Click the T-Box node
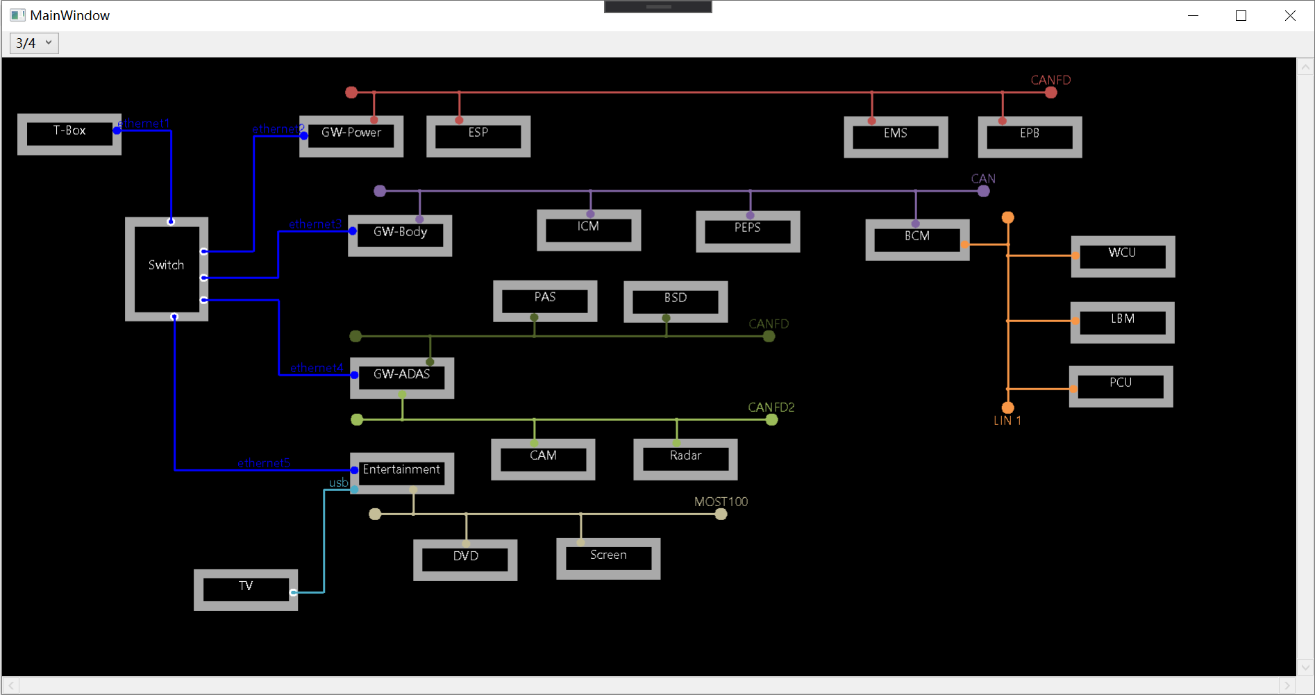[x=69, y=133]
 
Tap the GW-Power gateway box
[x=351, y=135]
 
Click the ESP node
[x=478, y=135]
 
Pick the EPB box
[x=1030, y=136]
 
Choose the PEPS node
[x=748, y=231]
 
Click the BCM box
[x=917, y=239]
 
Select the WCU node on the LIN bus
[x=1123, y=256]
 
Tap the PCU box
[x=1121, y=385]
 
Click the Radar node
[x=685, y=458]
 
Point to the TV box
[x=246, y=589]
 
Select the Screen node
[x=608, y=558]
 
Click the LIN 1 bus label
[x=1007, y=421]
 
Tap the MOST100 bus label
[x=721, y=502]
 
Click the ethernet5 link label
[x=264, y=463]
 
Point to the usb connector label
[x=338, y=483]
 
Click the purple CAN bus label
[x=983, y=179]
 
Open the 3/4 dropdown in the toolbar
[x=34, y=43]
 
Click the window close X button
[x=1290, y=15]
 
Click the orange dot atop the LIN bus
[x=1008, y=218]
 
